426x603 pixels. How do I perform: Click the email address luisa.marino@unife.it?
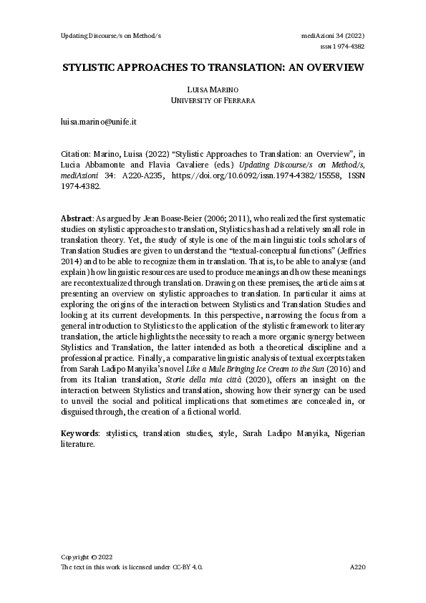[99, 122]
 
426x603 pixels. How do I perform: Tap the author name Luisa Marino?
[213, 89]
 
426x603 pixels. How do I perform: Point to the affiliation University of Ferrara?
[213, 100]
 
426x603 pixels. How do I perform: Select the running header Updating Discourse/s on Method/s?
[110, 35]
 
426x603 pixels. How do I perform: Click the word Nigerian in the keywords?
[344, 433]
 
